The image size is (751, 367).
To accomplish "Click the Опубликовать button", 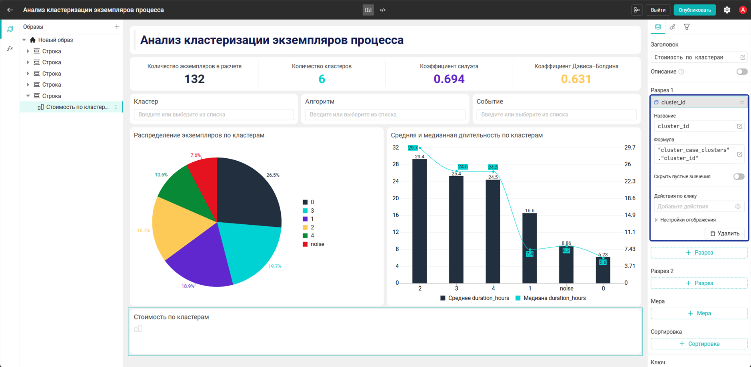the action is [694, 10].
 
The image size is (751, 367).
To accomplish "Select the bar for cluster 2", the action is [419, 221].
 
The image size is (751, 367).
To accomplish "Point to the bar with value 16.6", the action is [529, 248].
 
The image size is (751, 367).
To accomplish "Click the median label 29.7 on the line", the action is [413, 148].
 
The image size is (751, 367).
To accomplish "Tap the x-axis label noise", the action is [566, 289].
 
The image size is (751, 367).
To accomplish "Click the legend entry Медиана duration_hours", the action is [551, 298].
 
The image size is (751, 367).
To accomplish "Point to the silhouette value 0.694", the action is [449, 79].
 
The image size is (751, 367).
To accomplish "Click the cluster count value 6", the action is [322, 79].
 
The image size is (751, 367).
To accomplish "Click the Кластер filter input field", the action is [214, 115].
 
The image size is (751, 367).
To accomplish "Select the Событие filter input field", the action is [556, 115].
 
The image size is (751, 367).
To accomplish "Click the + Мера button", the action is [699, 313].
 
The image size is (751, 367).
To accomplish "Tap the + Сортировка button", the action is [699, 344].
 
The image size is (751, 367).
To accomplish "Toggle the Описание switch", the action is [742, 72].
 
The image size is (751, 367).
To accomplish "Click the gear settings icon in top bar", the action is [727, 10].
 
